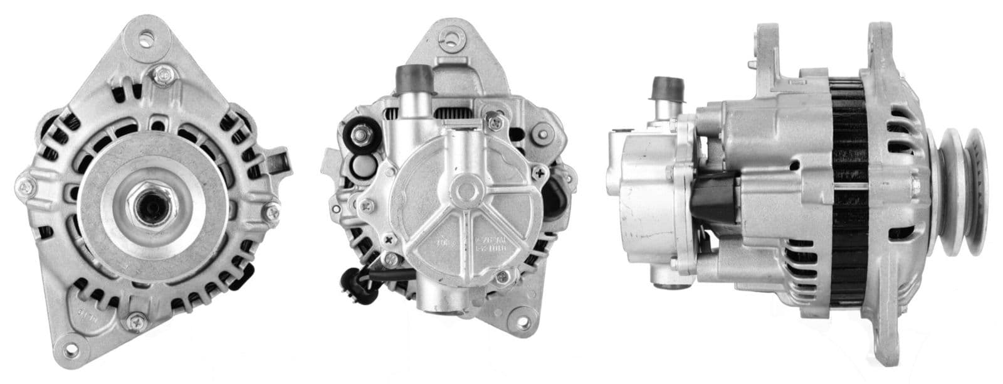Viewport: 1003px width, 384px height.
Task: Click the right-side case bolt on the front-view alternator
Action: point(271,213)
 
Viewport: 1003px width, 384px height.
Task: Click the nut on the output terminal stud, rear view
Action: point(362,134)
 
